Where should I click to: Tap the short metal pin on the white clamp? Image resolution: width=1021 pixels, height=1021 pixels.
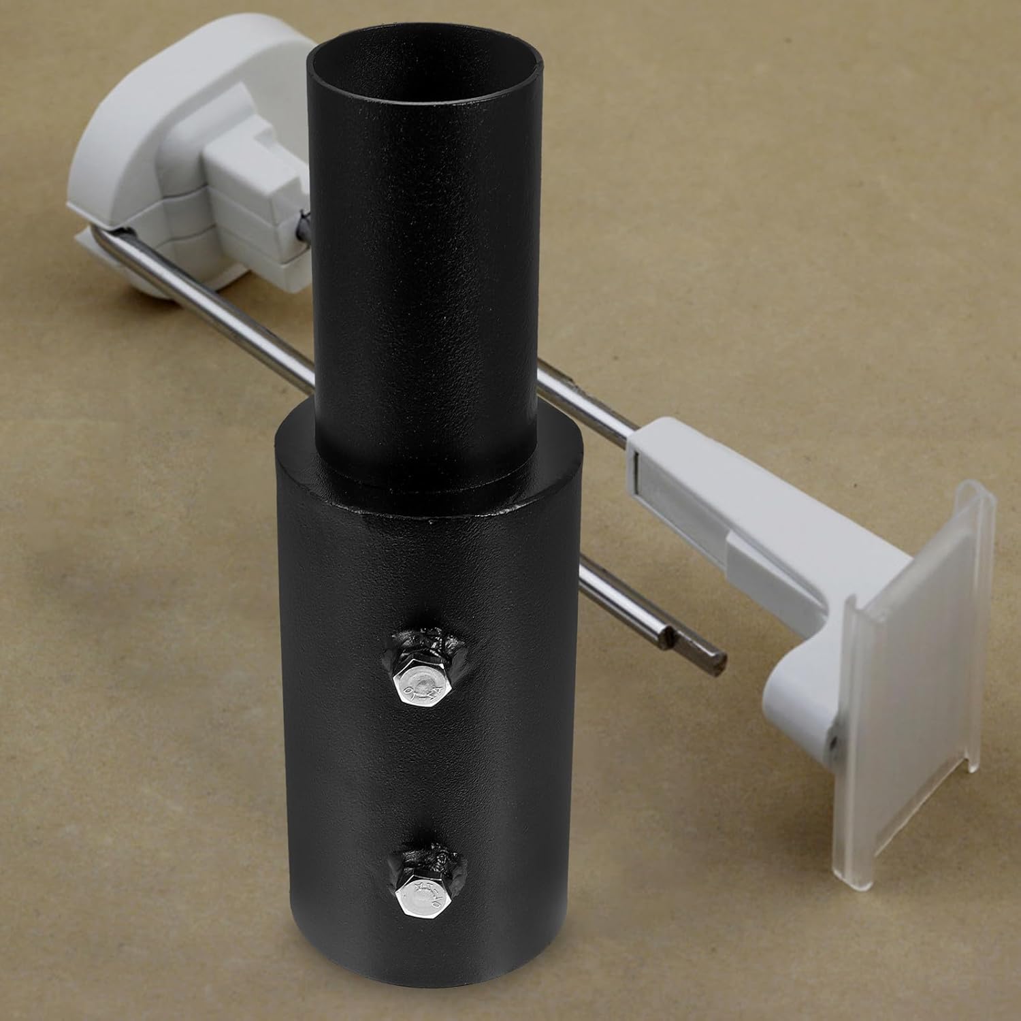click(x=302, y=225)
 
